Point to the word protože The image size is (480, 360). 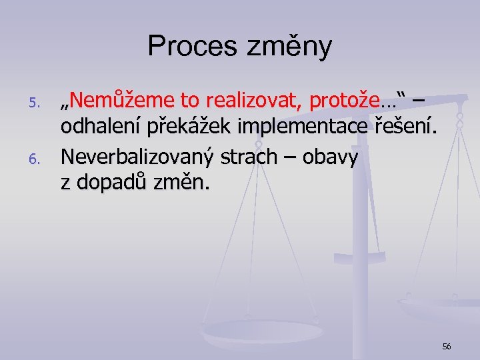click(353, 101)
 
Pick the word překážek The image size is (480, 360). click(192, 128)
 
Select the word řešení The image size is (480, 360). click(405, 128)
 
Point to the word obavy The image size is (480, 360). click(331, 157)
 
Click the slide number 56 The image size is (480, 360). click(446, 346)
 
